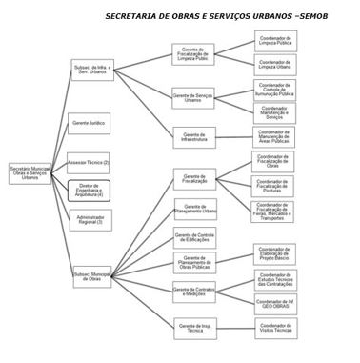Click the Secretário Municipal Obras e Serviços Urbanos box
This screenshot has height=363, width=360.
tap(28, 172)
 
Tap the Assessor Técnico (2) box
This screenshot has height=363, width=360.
tap(89, 161)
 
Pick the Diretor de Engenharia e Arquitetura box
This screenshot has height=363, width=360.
tap(89, 191)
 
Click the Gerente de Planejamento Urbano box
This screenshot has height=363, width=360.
tap(194, 208)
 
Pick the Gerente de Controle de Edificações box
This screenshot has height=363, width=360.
tap(194, 235)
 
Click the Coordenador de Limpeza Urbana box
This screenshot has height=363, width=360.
tap(274, 65)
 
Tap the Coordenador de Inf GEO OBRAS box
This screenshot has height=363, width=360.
tap(274, 303)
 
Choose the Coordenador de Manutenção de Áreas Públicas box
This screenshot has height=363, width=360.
tap(274, 136)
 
